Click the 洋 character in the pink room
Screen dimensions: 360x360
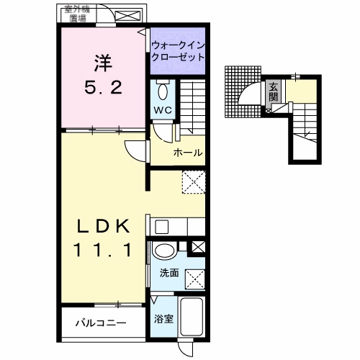click(102, 63)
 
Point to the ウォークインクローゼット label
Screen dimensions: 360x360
click(178, 50)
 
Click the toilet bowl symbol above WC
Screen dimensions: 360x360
click(162, 91)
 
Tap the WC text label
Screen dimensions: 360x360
click(162, 110)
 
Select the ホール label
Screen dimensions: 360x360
click(187, 153)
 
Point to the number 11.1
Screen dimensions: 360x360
click(102, 251)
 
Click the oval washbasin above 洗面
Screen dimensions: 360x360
click(165, 252)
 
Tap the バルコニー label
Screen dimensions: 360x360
click(102, 323)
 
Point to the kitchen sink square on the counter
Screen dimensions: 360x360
click(162, 227)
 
